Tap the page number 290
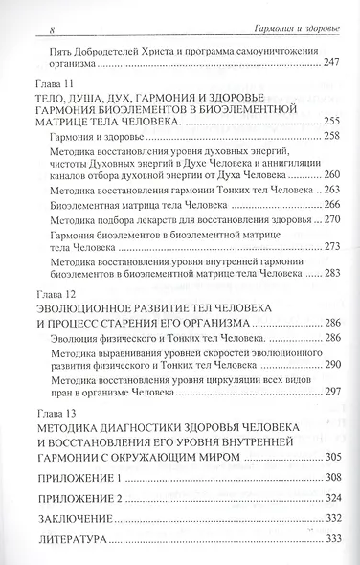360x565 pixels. point(327,366)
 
